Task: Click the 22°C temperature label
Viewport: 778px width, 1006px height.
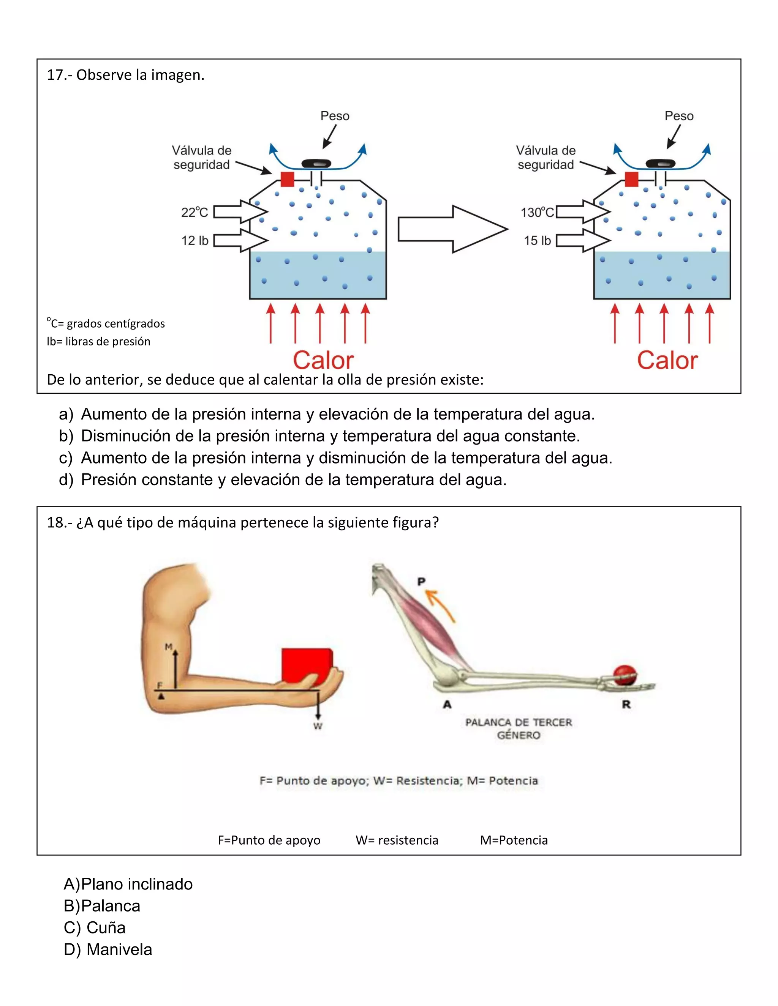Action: [194, 212]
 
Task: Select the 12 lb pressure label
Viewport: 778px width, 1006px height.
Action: [194, 240]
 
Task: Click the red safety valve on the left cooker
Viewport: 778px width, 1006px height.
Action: [287, 179]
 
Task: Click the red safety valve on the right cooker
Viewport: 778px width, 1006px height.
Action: [631, 179]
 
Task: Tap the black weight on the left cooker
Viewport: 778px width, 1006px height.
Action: [316, 163]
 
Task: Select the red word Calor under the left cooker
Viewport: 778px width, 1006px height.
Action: [323, 360]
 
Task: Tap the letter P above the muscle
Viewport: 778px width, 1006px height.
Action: [421, 582]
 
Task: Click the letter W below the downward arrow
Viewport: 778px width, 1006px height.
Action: [318, 726]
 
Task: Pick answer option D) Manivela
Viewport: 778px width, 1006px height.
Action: [108, 949]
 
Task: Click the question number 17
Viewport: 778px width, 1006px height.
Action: [56, 75]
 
